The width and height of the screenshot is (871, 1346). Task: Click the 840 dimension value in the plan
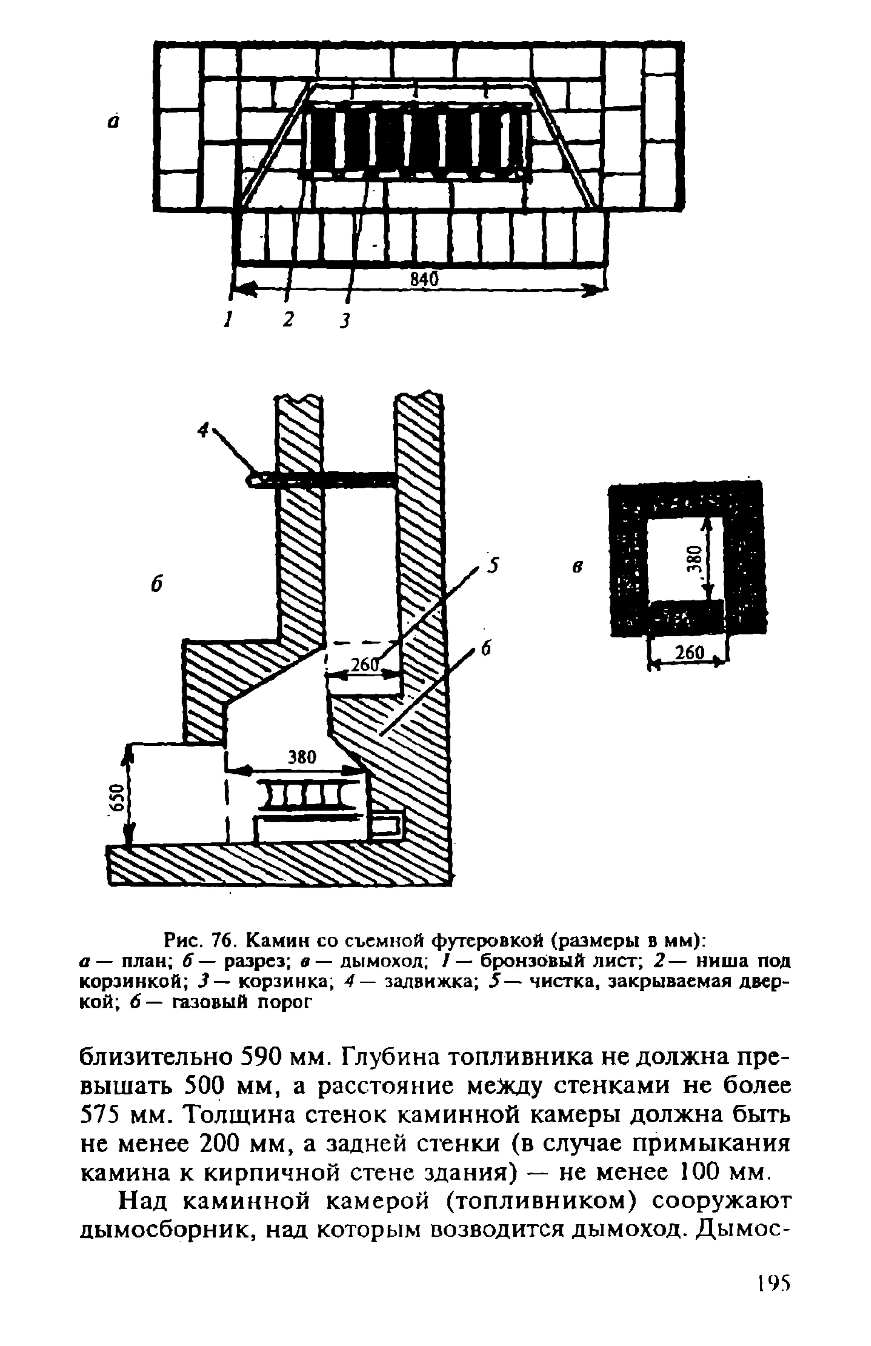424,278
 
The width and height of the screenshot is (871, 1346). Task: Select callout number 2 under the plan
289,319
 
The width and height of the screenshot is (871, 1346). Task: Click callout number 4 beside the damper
203,430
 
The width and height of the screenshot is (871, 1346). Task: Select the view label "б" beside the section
157,584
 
